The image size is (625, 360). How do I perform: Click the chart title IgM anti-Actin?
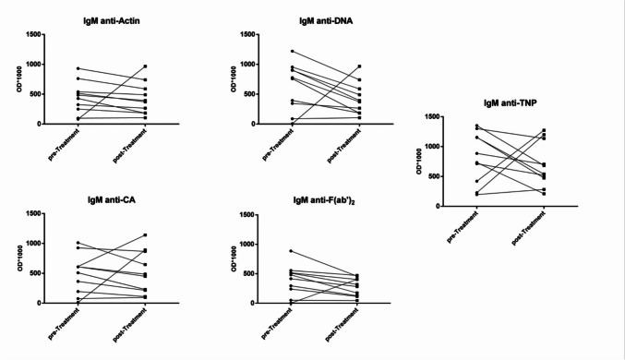click(111, 20)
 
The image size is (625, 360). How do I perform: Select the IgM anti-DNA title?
click(326, 20)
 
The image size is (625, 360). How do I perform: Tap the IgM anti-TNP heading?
click(511, 102)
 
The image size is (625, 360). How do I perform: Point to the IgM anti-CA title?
click(111, 199)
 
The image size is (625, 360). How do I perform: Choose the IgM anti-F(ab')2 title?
click(324, 200)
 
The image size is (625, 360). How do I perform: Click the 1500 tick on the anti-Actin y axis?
click(32, 35)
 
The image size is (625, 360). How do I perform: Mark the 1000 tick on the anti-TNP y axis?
click(432, 147)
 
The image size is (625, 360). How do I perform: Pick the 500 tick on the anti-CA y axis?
click(35, 273)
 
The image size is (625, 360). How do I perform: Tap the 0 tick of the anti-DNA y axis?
click(252, 125)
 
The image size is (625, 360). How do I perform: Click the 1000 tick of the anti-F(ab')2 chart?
click(246, 244)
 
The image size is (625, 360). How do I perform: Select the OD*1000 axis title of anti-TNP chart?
click(419, 161)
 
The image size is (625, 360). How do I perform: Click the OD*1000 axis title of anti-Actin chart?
click(19, 79)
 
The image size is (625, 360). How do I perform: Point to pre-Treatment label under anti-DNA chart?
click(278, 144)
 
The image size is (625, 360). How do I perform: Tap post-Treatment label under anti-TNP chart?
click(528, 228)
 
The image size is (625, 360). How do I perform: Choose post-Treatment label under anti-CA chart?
click(129, 325)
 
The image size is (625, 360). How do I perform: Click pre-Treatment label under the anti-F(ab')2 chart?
click(277, 323)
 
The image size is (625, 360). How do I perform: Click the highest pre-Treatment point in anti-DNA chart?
click(292, 52)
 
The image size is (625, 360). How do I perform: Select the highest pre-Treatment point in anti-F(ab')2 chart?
click(291, 251)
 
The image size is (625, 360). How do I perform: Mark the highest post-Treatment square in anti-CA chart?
click(146, 235)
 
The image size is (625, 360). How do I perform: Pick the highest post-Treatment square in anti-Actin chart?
click(146, 66)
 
